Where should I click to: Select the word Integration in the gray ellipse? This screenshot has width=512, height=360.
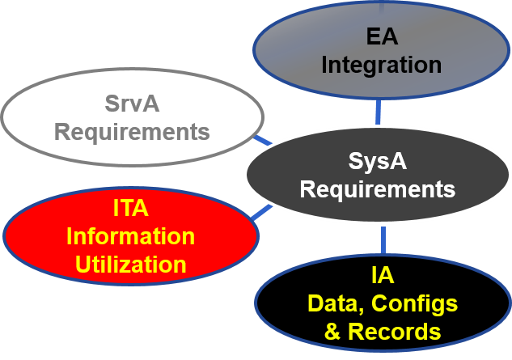click(382, 64)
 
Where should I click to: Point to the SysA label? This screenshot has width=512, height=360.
click(377, 162)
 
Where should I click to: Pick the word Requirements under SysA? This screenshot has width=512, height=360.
click(377, 189)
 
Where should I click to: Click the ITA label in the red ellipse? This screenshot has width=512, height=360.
click(130, 210)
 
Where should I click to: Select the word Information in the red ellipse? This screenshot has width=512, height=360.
click(130, 236)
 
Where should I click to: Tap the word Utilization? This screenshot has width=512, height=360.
click(130, 263)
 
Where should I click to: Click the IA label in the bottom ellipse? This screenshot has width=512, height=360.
click(383, 276)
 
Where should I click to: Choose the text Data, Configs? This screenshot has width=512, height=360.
click(383, 303)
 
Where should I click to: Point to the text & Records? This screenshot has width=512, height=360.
click(383, 331)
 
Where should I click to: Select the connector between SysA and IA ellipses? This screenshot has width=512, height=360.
click(383, 238)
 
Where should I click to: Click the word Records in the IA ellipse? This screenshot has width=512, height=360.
click(394, 331)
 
